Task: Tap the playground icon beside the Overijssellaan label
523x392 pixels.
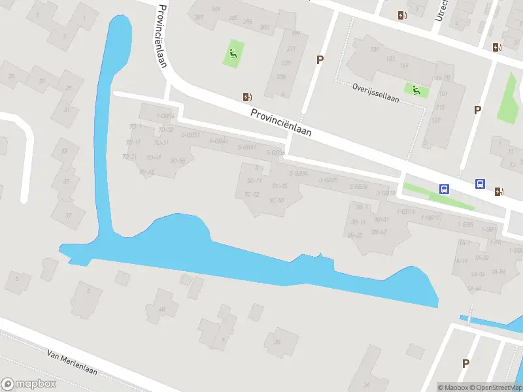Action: (x=416, y=90)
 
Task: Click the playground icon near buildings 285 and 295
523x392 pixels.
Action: (x=234, y=53)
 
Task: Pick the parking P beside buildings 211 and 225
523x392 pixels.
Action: (x=320, y=59)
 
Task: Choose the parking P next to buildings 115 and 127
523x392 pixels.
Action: (x=478, y=110)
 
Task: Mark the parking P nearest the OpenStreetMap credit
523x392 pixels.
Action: (x=465, y=363)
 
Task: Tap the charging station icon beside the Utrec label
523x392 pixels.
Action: (x=401, y=14)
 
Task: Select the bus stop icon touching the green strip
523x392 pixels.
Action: (x=445, y=189)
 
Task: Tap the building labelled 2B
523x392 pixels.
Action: (x=277, y=342)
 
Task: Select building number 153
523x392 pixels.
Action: (x=390, y=58)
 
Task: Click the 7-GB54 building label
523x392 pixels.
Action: (x=165, y=116)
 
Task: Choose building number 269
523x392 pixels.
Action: (x=216, y=8)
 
